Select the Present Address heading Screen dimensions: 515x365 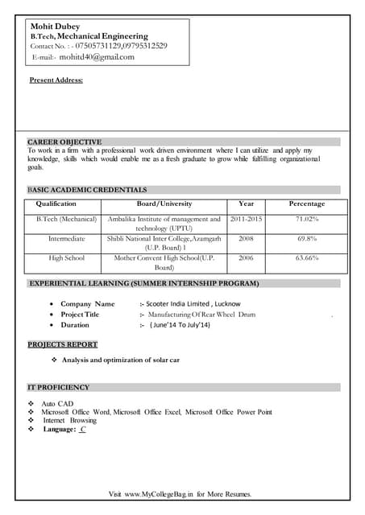tap(56, 80)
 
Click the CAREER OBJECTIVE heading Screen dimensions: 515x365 tap(64, 142)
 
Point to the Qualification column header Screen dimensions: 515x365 tap(56, 204)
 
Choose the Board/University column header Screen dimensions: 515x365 tap(164, 204)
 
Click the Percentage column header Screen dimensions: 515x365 tap(306, 204)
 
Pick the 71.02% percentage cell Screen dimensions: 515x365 tap(306, 219)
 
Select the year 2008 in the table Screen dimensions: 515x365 tap(246, 239)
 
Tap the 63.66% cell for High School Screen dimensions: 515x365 tap(306, 258)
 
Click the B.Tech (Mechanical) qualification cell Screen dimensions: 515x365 tap(66, 219)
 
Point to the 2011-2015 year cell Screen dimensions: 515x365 tap(246, 219)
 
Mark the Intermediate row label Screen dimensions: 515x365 tap(66, 239)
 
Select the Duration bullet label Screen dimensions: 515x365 tap(75, 325)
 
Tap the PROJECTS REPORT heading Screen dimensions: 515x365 tap(63, 344)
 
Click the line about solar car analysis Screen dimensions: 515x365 tap(121, 360)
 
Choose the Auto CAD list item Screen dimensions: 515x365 tap(57, 403)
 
